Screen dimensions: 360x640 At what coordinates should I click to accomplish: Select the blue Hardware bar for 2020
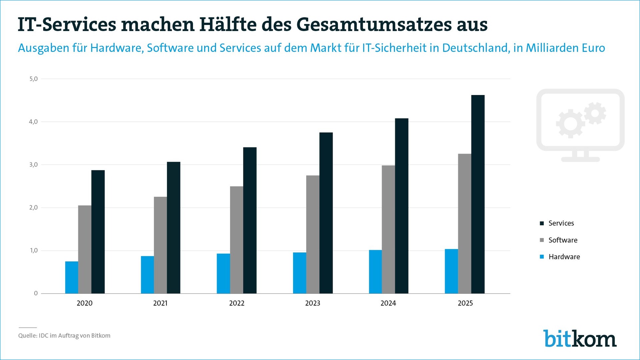coord(72,277)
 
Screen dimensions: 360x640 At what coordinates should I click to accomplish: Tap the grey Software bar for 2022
coord(237,240)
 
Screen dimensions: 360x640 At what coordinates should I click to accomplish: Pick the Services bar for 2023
coord(326,213)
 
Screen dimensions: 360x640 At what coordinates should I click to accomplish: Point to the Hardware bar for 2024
coord(375,272)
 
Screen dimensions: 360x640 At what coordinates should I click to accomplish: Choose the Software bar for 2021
coord(160,245)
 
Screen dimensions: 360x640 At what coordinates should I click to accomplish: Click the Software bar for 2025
coord(465,224)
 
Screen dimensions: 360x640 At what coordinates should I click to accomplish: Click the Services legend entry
coord(561,223)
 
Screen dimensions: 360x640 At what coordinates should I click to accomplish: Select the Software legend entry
coord(563,240)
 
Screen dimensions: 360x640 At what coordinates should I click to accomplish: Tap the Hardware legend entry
coord(564,257)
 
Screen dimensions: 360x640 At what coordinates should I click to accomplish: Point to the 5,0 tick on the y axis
coord(34,79)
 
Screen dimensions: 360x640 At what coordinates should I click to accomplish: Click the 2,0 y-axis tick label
coord(34,208)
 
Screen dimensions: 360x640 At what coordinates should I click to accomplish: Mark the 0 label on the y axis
coord(36,293)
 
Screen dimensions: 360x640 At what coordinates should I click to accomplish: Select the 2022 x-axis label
coord(237,303)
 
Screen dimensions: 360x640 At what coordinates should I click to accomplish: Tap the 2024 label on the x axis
coord(388,303)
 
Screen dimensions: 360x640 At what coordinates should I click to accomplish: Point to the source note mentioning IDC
coord(64,335)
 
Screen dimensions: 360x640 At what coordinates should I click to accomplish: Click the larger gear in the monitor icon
coord(570,124)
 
